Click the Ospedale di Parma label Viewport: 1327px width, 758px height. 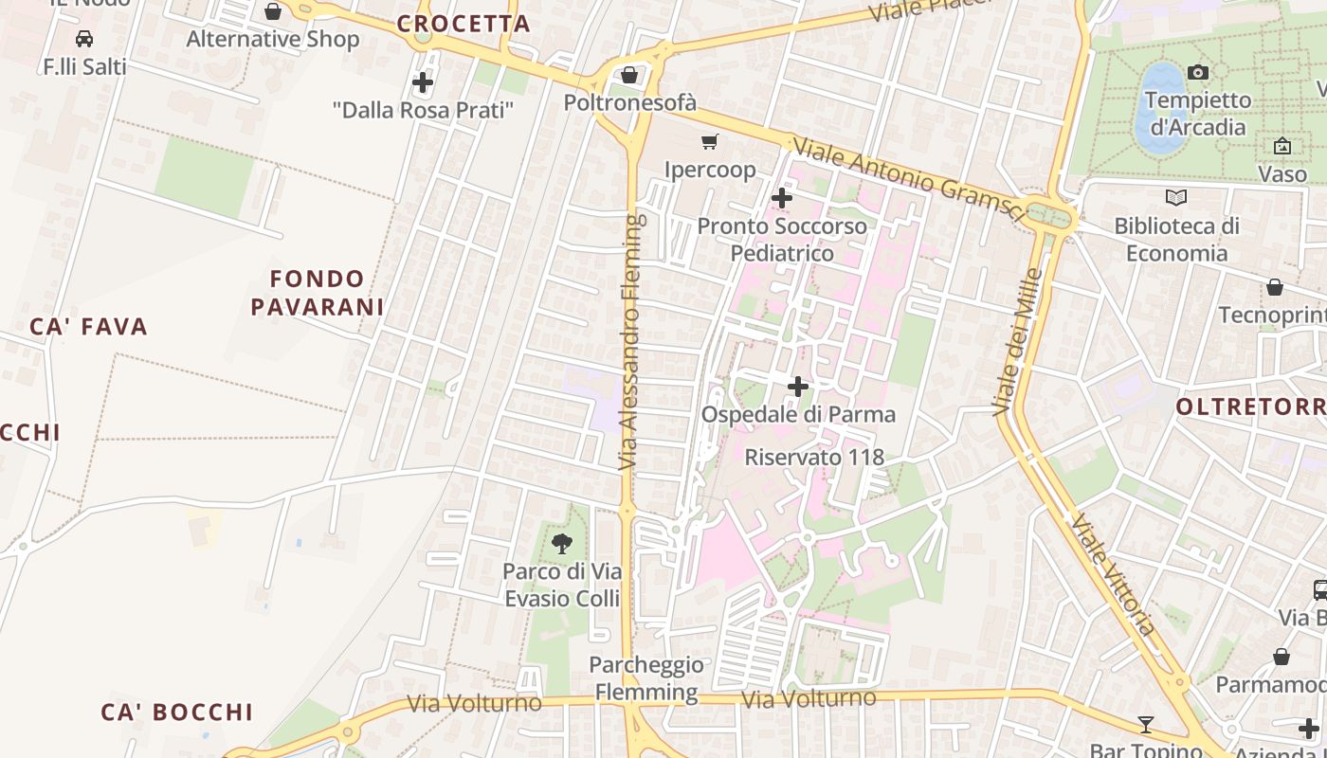click(798, 415)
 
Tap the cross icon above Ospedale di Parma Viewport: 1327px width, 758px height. click(798, 387)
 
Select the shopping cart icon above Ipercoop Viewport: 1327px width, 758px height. click(709, 142)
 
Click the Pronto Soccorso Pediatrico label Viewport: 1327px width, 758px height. click(782, 240)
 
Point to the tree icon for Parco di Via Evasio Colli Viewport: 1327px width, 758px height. click(562, 543)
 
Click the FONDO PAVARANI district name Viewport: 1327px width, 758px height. click(317, 293)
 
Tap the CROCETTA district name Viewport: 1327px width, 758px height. click(464, 25)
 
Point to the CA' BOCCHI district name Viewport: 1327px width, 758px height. click(177, 713)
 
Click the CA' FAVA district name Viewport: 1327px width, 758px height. click(89, 328)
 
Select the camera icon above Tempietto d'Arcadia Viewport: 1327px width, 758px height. click(1197, 72)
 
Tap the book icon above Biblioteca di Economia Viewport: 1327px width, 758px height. click(1176, 197)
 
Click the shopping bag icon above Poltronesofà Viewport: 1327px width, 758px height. click(629, 75)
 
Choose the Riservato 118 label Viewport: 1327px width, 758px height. click(814, 457)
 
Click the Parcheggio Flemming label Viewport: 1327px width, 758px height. click(646, 678)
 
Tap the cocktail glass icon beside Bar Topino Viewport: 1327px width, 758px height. click(1145, 725)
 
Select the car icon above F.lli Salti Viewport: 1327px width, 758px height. click(84, 39)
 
